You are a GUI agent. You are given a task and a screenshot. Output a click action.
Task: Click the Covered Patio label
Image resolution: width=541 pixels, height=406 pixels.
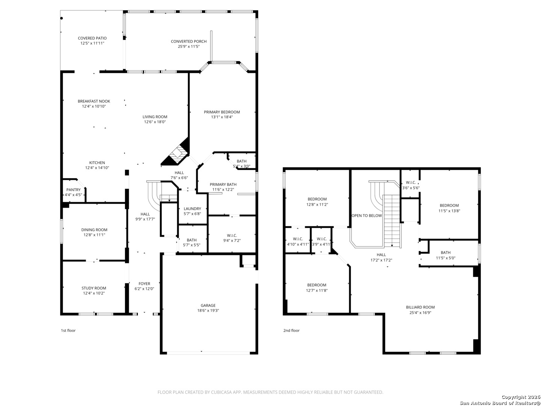click(92, 38)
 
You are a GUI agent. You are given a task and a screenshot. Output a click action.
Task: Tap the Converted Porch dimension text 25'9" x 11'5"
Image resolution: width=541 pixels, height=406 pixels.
click(189, 46)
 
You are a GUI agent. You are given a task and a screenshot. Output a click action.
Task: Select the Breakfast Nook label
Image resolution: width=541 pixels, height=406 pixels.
click(94, 101)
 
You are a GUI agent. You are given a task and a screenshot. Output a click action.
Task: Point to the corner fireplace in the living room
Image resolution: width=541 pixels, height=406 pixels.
click(177, 153)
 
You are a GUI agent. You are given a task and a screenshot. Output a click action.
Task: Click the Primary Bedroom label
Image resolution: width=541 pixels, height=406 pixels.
click(222, 112)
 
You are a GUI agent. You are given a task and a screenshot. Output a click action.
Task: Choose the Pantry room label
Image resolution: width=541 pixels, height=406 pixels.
click(73, 190)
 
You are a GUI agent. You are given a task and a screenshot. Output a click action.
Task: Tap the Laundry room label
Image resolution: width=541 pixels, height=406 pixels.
click(192, 209)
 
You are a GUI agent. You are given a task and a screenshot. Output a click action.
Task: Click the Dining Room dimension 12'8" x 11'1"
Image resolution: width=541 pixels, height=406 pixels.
click(94, 235)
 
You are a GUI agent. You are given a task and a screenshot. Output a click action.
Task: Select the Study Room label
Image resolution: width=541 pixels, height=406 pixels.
click(94, 288)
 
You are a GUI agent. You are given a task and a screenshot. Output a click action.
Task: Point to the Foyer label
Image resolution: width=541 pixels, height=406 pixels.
click(144, 284)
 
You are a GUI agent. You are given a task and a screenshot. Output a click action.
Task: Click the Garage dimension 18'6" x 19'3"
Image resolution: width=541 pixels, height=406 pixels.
click(208, 311)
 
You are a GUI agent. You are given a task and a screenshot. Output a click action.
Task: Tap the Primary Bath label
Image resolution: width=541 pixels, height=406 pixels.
click(223, 184)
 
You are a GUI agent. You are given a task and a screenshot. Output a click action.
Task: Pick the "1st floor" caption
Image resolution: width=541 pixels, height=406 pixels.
click(68, 330)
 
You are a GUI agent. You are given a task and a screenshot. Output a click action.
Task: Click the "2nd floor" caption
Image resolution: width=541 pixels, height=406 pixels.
click(291, 330)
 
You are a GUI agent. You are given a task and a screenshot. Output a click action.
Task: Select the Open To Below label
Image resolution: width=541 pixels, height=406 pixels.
click(367, 216)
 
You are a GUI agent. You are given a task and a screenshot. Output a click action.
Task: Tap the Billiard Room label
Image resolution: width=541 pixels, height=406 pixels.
click(420, 308)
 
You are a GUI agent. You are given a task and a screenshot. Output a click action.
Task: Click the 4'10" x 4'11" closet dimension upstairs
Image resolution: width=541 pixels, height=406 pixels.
click(298, 244)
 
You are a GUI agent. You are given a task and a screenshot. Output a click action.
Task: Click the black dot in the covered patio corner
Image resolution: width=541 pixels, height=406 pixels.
click(62, 18)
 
